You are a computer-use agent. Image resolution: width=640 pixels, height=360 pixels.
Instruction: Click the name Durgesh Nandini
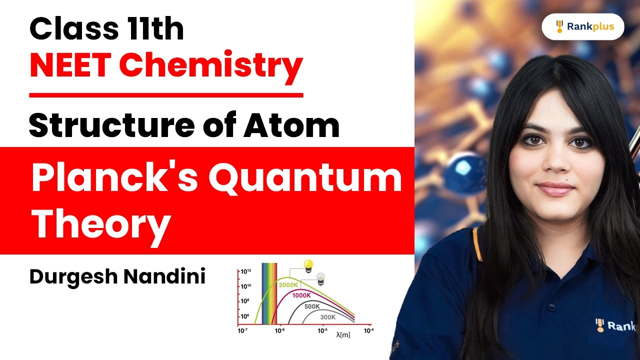pyautogui.click(x=117, y=276)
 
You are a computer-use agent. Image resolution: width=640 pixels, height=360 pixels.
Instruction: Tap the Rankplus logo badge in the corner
pyautogui.click(x=583, y=27)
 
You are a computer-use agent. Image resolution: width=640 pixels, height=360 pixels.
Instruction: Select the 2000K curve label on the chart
pyautogui.click(x=288, y=285)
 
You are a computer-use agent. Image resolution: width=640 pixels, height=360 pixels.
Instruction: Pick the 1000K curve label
pyautogui.click(x=301, y=295)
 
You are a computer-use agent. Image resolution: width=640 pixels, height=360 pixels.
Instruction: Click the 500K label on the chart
pyautogui.click(x=312, y=306)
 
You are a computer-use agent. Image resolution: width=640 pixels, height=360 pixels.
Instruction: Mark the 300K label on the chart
pyautogui.click(x=328, y=316)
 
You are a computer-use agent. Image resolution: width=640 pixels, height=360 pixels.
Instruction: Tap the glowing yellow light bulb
pyautogui.click(x=308, y=265)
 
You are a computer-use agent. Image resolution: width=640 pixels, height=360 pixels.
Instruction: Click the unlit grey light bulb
pyautogui.click(x=321, y=277)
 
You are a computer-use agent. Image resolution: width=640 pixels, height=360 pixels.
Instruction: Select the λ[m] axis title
pyautogui.click(x=343, y=335)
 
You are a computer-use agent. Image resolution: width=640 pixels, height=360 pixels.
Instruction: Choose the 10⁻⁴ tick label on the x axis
pyautogui.click(x=367, y=330)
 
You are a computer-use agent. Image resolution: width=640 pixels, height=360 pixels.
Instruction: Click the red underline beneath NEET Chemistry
pyautogui.click(x=166, y=94)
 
